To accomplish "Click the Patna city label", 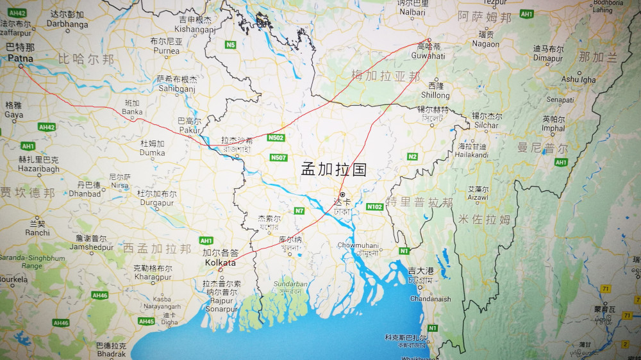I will coord(21,58).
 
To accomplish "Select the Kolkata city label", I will coord(220,263).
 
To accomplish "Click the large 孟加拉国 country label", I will coord(333,170).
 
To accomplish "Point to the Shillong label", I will coord(435,95).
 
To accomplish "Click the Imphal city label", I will coord(553,127).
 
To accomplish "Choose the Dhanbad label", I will coord(85,193).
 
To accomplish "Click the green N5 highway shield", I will coord(231,45).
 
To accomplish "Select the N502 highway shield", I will coord(276,138).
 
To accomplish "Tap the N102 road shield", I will coord(375,207).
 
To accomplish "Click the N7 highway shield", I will coord(299,211).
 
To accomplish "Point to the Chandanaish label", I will coord(430,299).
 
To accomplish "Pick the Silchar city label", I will coord(487,125).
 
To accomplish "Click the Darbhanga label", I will coord(67,24).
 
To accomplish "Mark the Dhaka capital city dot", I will coord(343,194).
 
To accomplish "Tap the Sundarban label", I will coord(287,282).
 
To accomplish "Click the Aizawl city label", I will coord(478,199).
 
